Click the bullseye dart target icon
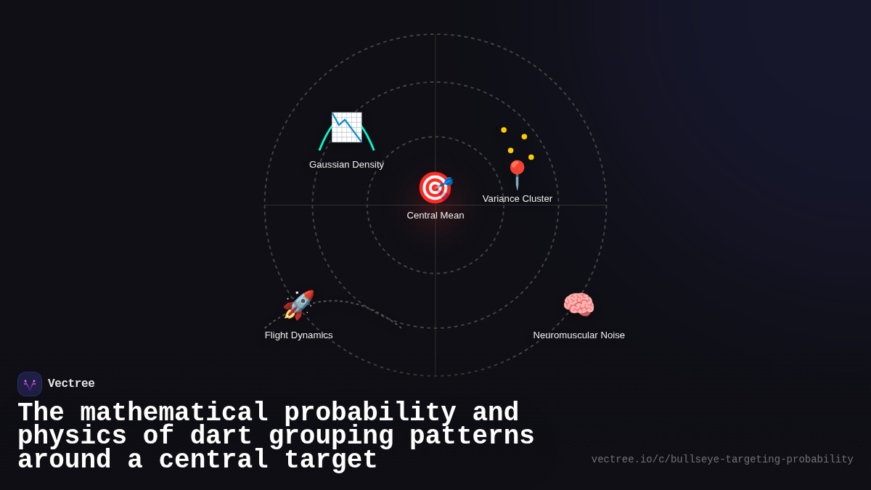click(435, 187)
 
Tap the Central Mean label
click(435, 216)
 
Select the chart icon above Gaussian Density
click(346, 127)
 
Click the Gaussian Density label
click(346, 165)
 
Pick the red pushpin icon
click(517, 175)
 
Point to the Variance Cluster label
click(518, 199)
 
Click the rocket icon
click(298, 305)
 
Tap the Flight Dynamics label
click(298, 335)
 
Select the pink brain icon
click(578, 305)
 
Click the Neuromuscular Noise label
click(578, 335)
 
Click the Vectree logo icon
click(30, 384)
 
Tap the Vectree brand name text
click(71, 384)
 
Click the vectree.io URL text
click(722, 460)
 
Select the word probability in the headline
click(369, 413)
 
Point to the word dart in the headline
click(221, 436)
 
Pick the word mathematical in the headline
click(174, 413)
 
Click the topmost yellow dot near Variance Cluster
click(504, 130)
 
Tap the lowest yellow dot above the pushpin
click(531, 157)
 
